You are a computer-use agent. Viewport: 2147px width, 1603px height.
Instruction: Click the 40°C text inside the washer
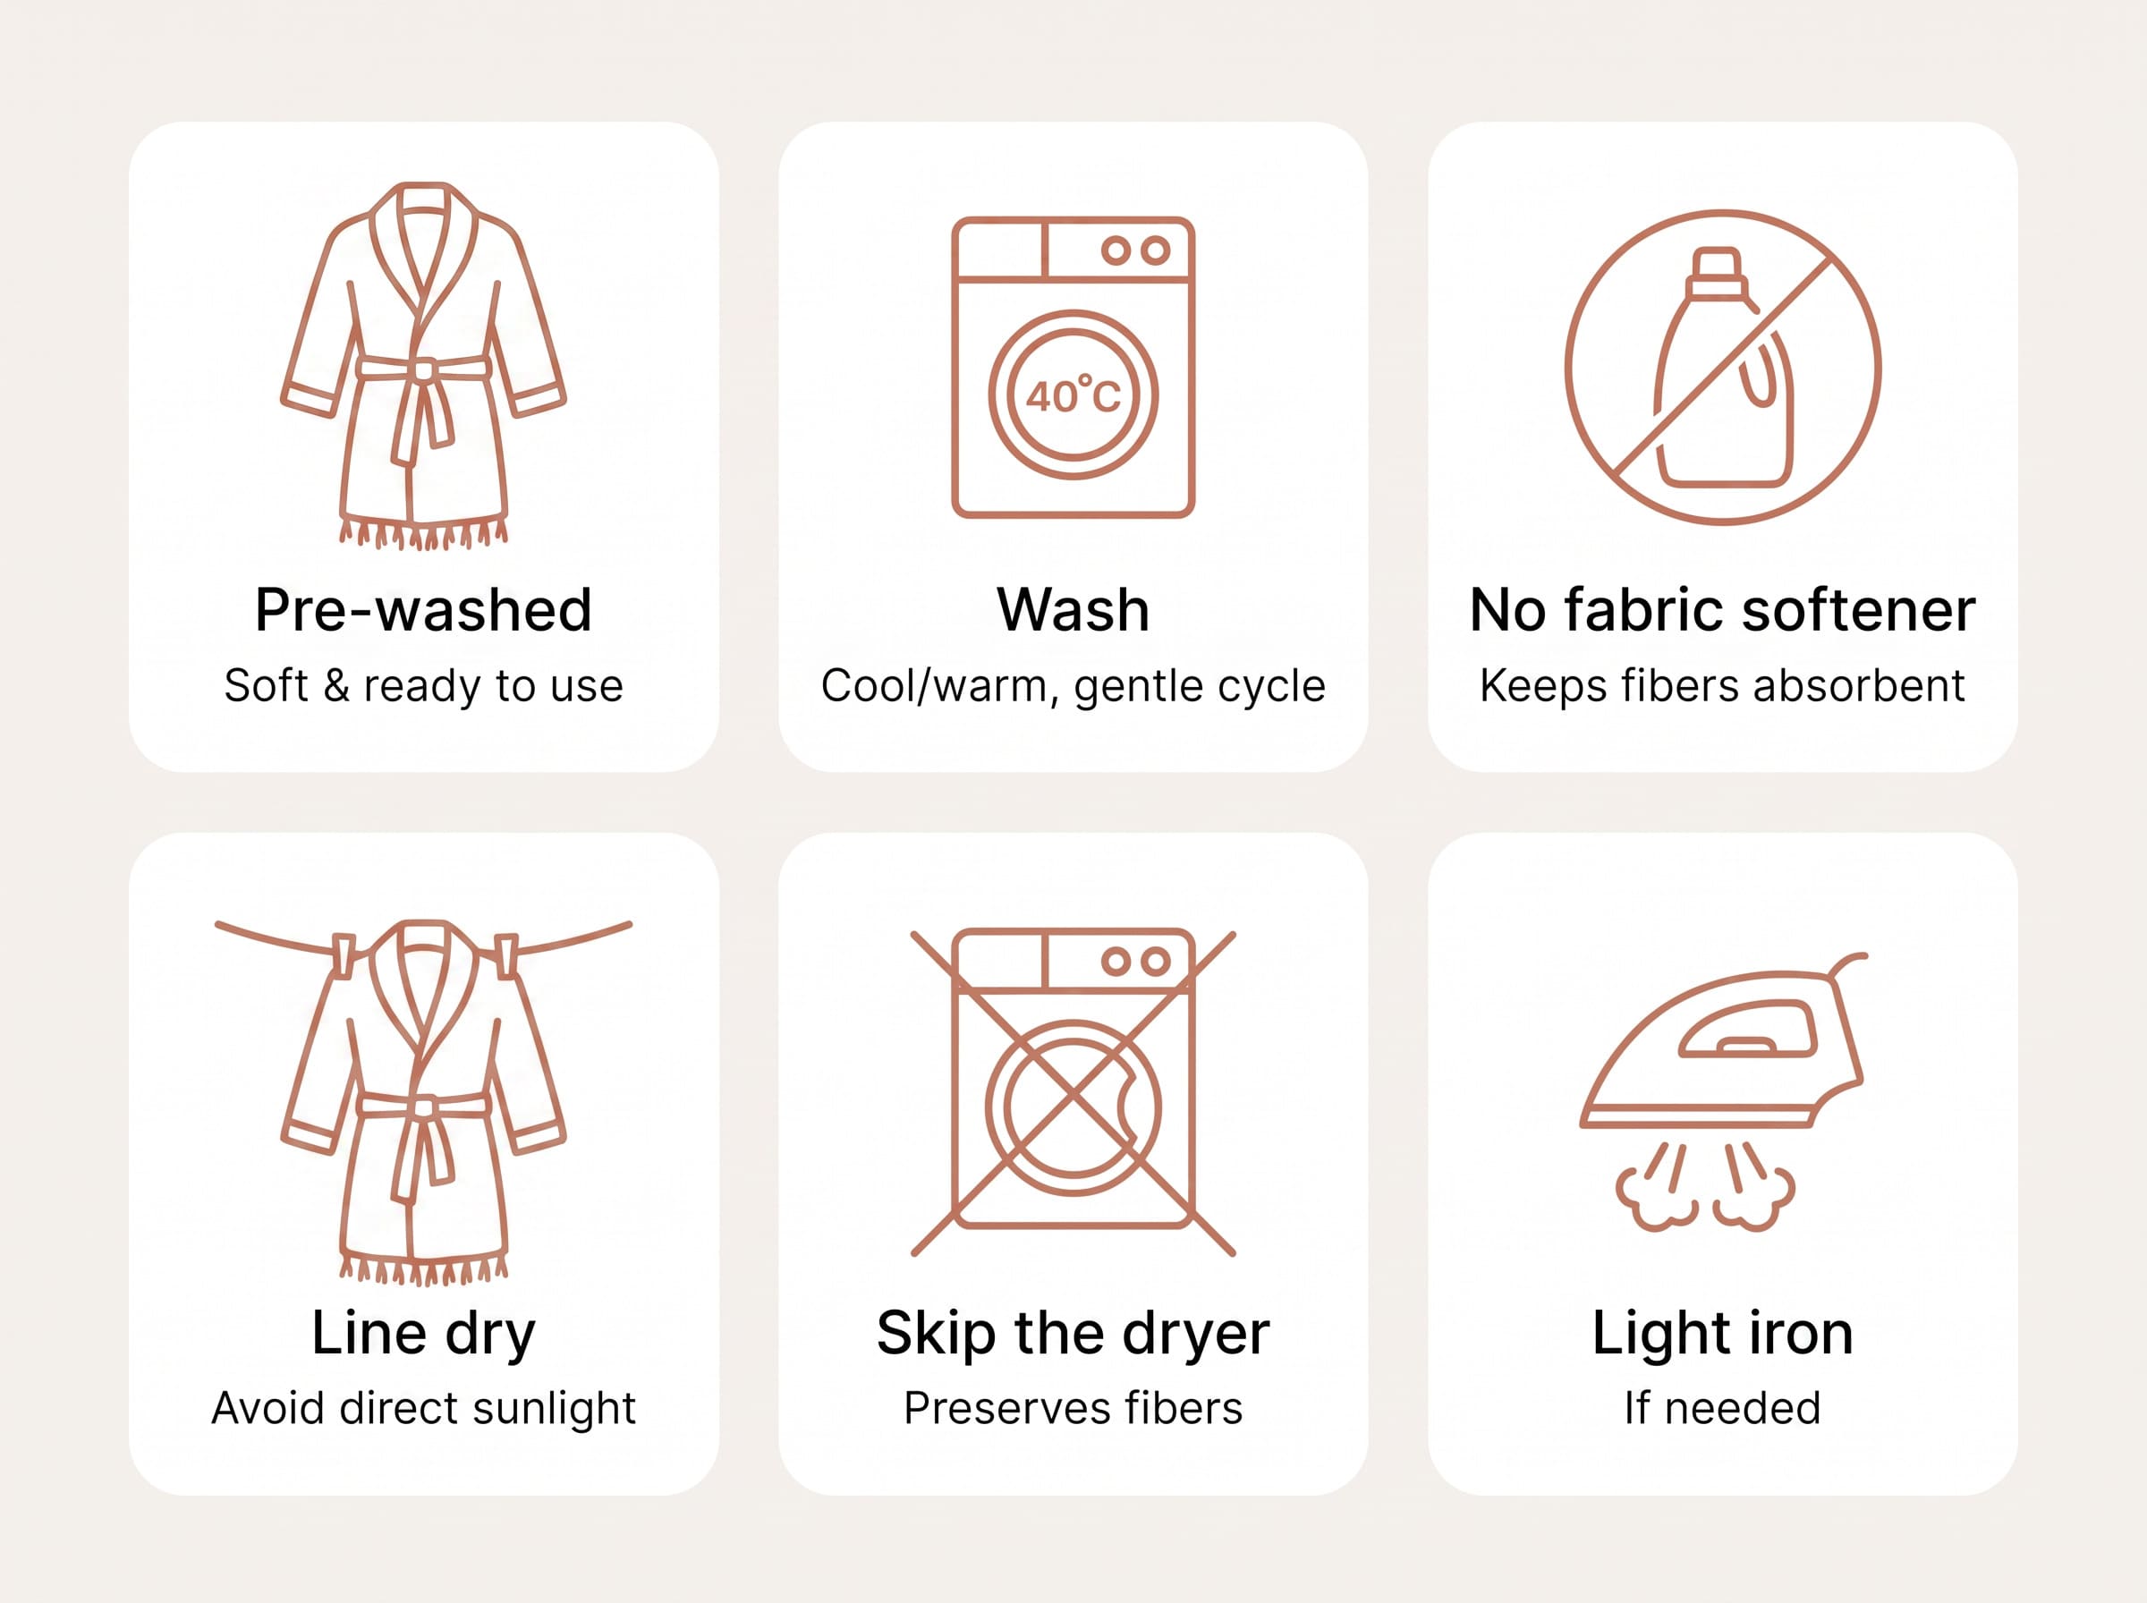pos(1073,394)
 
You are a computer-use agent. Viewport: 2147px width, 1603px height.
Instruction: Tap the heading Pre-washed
pos(423,610)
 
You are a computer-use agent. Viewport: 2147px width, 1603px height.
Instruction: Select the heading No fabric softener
pos(1722,610)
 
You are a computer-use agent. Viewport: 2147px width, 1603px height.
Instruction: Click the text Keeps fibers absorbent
pos(1722,686)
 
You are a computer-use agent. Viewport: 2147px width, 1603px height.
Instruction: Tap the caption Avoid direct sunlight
pos(423,1409)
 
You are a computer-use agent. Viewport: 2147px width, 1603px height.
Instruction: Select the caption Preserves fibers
pos(1073,1409)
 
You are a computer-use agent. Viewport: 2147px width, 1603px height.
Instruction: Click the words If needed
pos(1722,1409)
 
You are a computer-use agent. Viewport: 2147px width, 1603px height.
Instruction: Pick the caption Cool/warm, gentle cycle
pos(1073,687)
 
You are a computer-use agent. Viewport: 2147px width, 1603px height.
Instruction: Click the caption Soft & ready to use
pos(423,687)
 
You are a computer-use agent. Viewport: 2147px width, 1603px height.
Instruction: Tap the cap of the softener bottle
pos(1716,272)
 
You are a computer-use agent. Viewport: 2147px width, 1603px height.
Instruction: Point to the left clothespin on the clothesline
pos(344,954)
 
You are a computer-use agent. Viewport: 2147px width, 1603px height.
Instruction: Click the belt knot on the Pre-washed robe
pos(424,369)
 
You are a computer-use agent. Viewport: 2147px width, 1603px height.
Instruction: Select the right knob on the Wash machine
pos(1155,250)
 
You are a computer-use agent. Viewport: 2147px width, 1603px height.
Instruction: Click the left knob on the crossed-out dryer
pos(1116,962)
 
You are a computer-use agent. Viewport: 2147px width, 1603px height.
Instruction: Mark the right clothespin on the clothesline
pos(505,954)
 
